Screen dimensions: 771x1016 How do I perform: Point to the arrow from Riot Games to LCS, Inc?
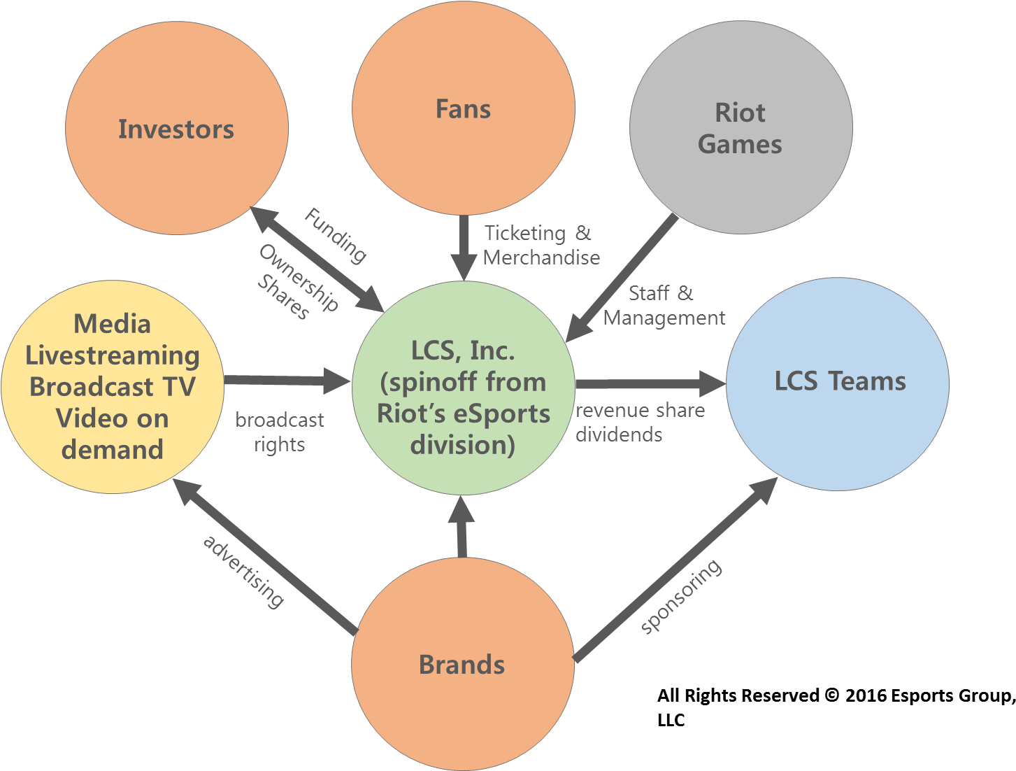point(622,277)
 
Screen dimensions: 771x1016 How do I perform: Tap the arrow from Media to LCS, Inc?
point(287,381)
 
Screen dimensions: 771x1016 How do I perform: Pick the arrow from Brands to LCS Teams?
point(675,570)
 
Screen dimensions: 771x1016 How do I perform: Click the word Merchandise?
point(541,257)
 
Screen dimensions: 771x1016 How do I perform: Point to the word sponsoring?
point(681,597)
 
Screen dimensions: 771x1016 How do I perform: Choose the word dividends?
point(619,434)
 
